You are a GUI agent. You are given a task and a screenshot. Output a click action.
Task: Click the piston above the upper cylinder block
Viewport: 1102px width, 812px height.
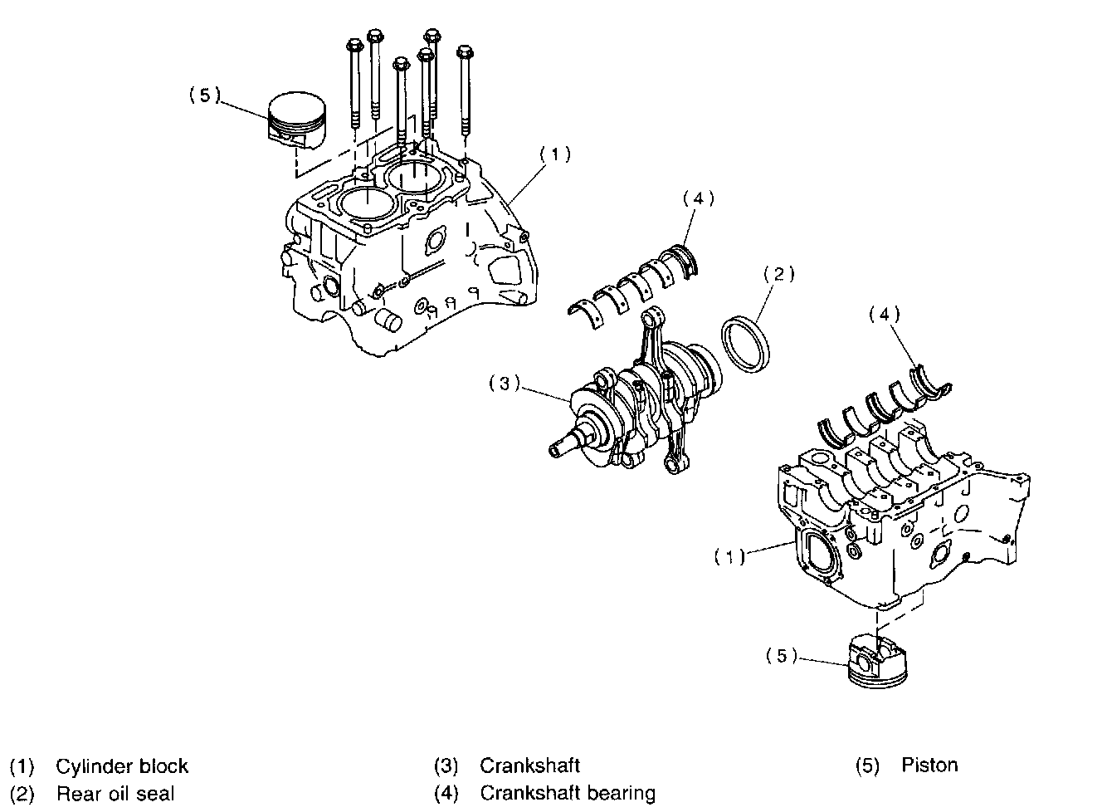pyautogui.click(x=297, y=121)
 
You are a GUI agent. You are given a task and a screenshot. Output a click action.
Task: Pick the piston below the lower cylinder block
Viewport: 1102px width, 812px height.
pyautogui.click(x=875, y=663)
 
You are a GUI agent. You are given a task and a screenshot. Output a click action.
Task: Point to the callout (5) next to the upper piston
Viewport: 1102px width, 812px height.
pyautogui.click(x=204, y=95)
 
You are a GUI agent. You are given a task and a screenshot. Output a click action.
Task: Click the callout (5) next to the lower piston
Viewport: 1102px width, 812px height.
pyautogui.click(x=781, y=656)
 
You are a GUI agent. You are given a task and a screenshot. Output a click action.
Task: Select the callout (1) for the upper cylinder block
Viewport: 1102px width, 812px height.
pyautogui.click(x=555, y=154)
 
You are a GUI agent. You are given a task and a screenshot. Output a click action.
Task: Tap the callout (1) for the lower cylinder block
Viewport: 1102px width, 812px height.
pyautogui.click(x=730, y=557)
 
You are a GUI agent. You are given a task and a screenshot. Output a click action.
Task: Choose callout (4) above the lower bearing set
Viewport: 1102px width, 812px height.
pyautogui.click(x=884, y=314)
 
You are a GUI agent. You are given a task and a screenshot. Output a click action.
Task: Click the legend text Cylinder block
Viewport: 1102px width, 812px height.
pyautogui.click(x=122, y=766)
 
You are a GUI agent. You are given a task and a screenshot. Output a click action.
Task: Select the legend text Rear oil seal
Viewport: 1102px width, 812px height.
pyautogui.click(x=115, y=794)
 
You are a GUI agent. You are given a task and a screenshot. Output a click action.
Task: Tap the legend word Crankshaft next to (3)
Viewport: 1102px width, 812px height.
pyautogui.click(x=529, y=766)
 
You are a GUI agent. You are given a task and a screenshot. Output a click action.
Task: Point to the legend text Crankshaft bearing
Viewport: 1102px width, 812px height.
pyautogui.click(x=567, y=794)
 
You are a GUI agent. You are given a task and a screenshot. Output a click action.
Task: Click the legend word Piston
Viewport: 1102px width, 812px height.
pyautogui.click(x=929, y=766)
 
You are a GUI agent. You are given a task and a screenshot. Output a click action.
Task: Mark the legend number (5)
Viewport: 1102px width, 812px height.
pyautogui.click(x=866, y=766)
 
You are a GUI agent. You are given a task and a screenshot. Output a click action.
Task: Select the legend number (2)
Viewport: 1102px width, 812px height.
pyautogui.click(x=22, y=794)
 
